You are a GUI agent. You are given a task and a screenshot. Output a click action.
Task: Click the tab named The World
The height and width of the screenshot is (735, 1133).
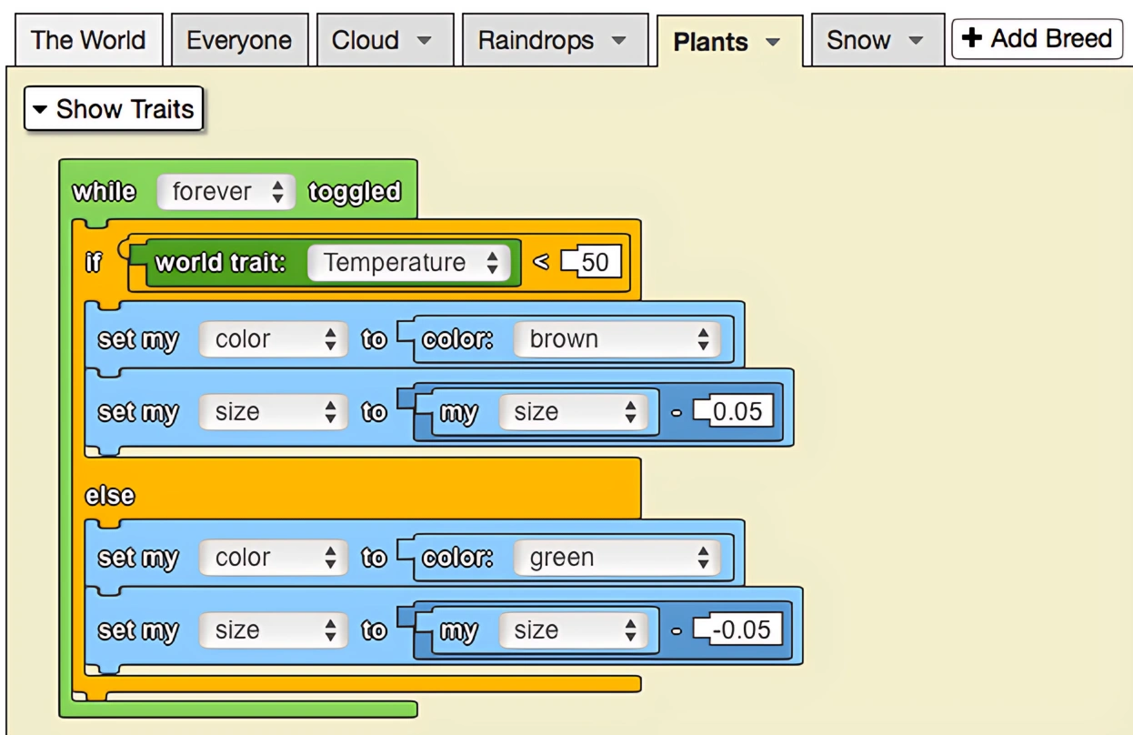87,40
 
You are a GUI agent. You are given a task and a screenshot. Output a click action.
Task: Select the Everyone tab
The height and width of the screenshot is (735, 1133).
239,40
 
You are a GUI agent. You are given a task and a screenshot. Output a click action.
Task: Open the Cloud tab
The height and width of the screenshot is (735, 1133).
383,40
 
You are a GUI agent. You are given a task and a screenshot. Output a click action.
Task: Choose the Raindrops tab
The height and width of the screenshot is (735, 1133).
553,40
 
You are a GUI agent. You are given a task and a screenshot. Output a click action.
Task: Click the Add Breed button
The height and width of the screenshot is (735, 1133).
1037,39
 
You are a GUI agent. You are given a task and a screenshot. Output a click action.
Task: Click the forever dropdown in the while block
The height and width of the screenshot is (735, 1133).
226,192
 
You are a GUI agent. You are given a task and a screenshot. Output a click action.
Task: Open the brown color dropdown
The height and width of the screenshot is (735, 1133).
617,339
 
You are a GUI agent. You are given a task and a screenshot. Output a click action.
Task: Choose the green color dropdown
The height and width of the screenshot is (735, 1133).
617,558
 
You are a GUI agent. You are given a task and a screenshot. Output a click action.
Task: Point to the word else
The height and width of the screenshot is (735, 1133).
109,496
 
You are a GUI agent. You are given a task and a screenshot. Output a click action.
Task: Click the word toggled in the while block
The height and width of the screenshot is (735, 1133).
355,192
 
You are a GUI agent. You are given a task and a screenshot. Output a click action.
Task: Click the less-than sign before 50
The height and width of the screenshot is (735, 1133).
541,263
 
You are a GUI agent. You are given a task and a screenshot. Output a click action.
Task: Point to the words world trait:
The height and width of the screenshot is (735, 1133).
221,263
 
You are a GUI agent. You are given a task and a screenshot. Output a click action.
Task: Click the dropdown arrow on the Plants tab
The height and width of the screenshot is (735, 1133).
773,42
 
